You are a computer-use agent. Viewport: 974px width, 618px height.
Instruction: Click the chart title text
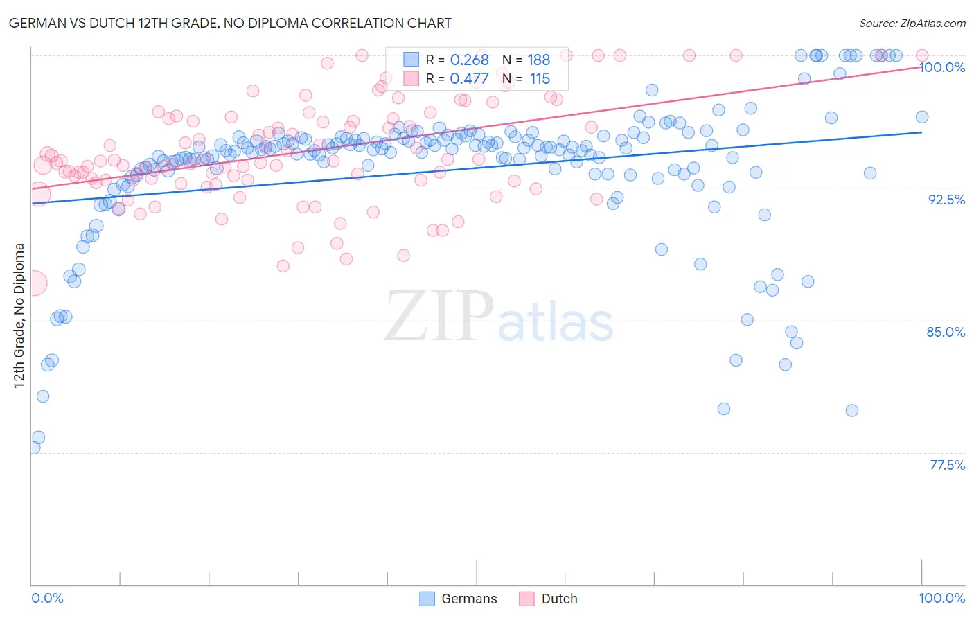tap(231, 23)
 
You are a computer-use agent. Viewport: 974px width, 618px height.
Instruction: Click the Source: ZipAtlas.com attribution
tap(912, 23)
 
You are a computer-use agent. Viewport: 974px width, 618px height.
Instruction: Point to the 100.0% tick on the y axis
tap(942, 67)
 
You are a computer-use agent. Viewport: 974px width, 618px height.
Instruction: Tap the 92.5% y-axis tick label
tap(946, 200)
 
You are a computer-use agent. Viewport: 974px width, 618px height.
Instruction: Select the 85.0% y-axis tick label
tap(946, 332)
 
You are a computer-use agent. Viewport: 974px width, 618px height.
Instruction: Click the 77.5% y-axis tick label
tap(947, 465)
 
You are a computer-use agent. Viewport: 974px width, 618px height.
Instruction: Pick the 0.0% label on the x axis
tap(48, 598)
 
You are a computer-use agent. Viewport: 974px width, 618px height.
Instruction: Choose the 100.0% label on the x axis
tap(941, 598)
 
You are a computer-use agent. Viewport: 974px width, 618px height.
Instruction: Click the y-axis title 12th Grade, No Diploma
tap(19, 315)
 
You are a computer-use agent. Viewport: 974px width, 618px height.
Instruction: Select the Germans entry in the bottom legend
tap(458, 599)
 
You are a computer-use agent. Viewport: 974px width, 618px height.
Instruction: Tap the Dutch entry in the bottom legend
tap(548, 599)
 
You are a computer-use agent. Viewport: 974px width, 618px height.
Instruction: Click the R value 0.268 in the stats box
tap(469, 60)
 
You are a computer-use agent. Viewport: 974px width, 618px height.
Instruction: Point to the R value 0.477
tap(469, 79)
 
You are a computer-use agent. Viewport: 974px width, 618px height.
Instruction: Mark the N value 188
tap(539, 60)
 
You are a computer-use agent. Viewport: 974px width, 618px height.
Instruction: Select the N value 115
tap(540, 79)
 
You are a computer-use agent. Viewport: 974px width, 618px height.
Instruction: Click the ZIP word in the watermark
tap(439, 316)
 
